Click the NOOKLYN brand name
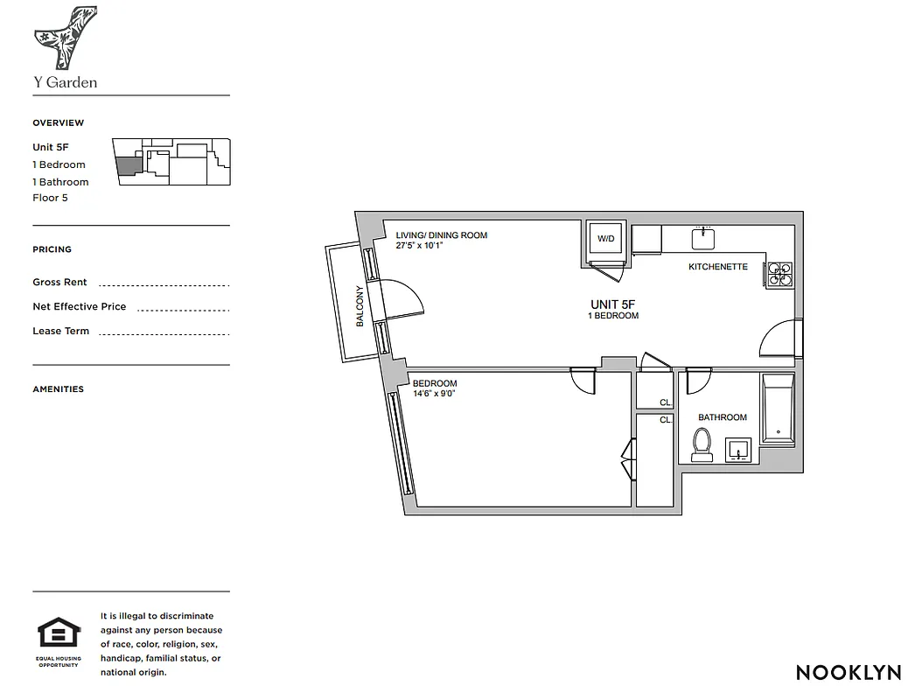click(848, 672)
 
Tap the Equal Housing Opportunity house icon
click(59, 633)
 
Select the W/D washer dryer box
click(606, 239)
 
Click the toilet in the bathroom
click(702, 444)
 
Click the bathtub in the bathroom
click(777, 409)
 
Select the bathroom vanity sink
click(740, 449)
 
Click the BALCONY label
click(360, 306)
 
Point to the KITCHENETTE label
click(717, 267)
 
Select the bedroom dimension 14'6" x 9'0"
click(434, 394)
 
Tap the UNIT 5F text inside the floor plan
click(612, 304)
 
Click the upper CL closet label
click(665, 402)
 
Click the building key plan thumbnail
click(171, 161)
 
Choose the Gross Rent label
click(59, 283)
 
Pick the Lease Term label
click(60, 332)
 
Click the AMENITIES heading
click(58, 389)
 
